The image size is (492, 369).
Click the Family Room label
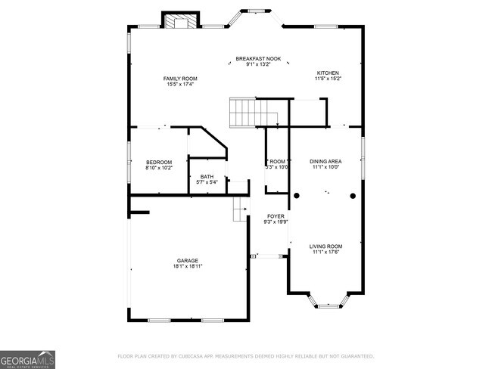180,78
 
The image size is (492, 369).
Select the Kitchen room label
328,73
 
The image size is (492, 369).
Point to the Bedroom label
159,162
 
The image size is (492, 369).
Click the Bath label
207,177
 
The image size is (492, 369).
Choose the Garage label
188,260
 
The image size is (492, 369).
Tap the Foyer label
275,216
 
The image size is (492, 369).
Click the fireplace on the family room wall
181,22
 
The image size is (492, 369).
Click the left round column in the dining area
297,196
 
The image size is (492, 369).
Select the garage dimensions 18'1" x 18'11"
188,266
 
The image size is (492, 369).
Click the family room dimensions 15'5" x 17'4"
180,84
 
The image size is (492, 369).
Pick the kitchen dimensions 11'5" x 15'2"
328,79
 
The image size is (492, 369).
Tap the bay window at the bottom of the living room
327,303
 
